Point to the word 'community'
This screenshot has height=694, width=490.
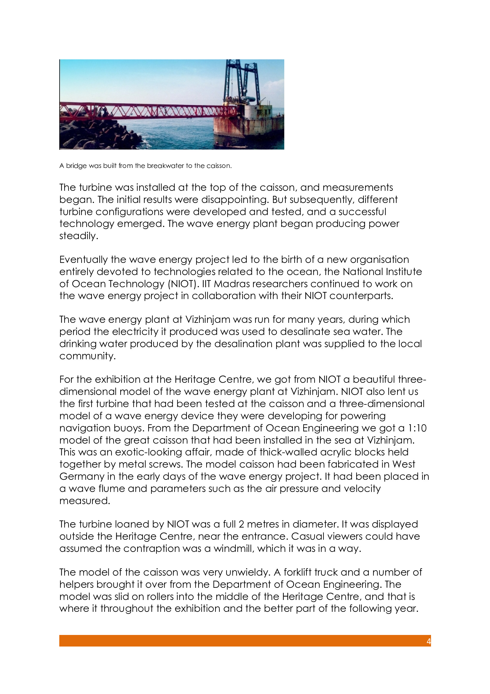87,356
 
